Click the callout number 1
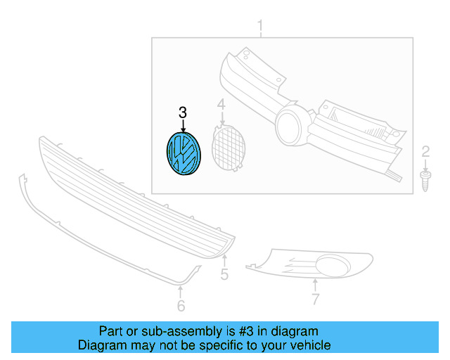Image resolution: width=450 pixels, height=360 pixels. [260, 28]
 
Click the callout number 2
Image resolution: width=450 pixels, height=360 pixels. [425, 150]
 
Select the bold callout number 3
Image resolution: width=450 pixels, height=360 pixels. [183, 112]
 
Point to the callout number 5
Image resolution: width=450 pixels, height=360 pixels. [224, 275]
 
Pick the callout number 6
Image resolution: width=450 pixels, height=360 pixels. [181, 305]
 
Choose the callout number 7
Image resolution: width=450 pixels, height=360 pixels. [316, 300]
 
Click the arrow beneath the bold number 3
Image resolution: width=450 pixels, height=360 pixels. [183, 127]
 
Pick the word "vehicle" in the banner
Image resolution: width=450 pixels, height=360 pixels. [309, 345]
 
